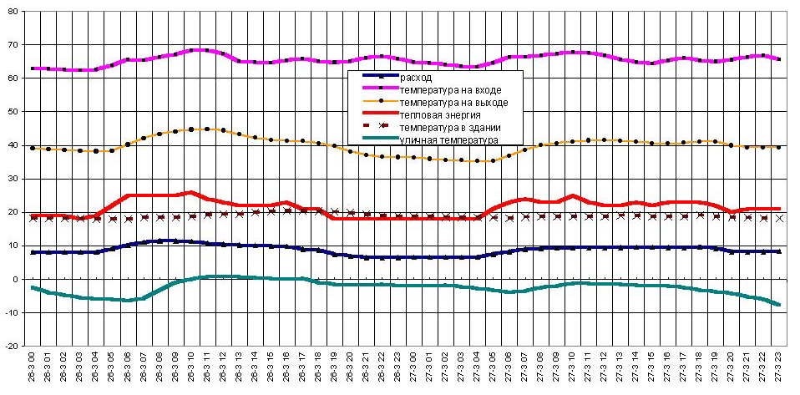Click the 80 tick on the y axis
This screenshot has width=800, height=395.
pos(14,11)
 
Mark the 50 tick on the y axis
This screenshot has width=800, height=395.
pos(14,111)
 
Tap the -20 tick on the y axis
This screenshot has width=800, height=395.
pos(13,346)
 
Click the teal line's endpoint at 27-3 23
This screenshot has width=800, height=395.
pos(779,305)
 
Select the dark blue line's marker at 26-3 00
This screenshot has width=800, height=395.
pos(33,252)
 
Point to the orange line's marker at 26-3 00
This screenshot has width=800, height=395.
pos(33,148)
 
